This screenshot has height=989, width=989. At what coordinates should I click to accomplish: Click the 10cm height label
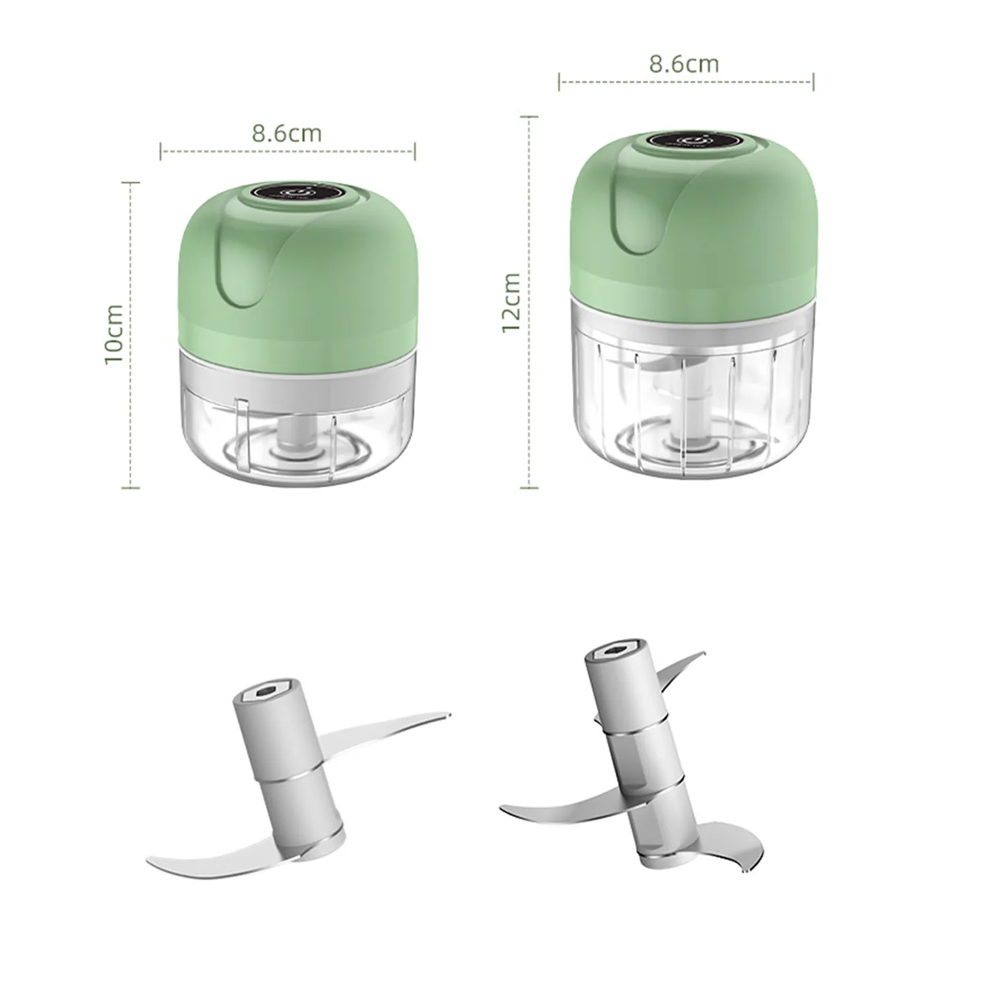[x=114, y=334]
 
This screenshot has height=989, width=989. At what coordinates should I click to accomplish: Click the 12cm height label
[x=512, y=303]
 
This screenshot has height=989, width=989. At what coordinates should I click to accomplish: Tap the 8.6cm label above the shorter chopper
[x=287, y=133]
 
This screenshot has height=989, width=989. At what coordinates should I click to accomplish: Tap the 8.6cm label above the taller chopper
[x=684, y=64]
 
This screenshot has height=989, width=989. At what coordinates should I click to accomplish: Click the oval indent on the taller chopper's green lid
[x=632, y=214]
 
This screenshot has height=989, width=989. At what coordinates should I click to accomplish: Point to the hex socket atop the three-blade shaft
[x=611, y=653]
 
